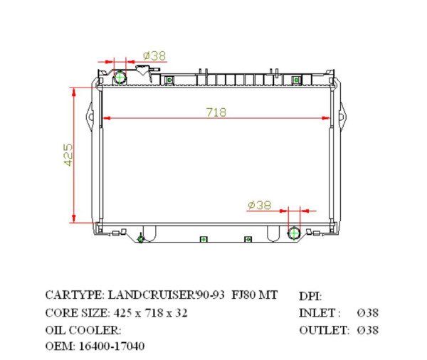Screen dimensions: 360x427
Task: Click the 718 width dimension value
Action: [216, 111]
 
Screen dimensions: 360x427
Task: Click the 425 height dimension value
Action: [68, 154]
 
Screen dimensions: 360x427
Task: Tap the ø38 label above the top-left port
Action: [154, 55]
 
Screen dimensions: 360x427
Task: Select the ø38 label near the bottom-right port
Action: [260, 205]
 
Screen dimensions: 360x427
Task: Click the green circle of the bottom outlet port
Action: [294, 233]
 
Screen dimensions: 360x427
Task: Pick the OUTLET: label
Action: [324, 330]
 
